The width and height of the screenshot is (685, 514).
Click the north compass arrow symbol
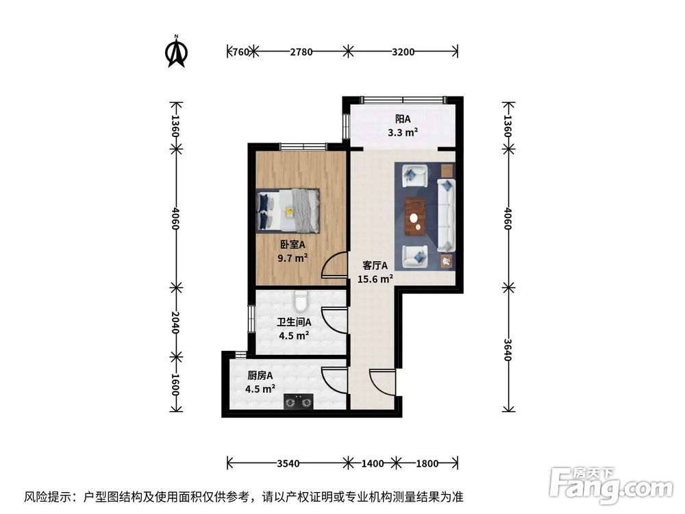177,52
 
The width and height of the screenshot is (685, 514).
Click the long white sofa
446,215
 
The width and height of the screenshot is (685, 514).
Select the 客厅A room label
375,265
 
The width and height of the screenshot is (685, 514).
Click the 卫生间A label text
295,321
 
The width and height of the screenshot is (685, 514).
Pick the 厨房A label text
260,376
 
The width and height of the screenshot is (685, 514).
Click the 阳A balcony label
402,119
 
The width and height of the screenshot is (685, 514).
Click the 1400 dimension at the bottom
373,464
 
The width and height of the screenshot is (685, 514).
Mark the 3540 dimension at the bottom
288,464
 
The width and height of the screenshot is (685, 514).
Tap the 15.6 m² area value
375,279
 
